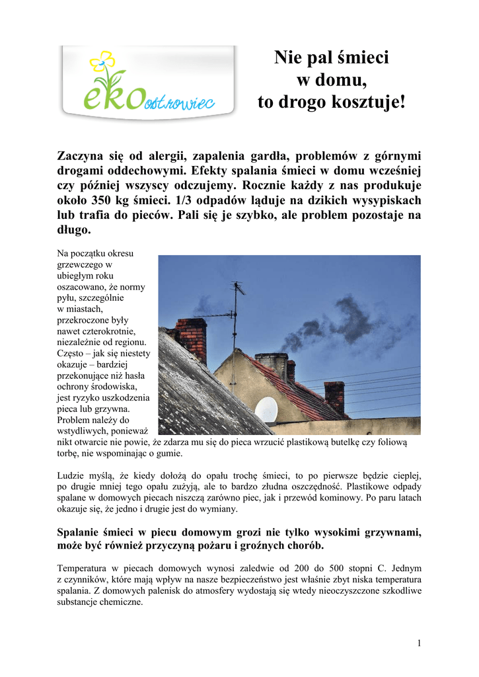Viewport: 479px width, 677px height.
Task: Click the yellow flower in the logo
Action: [102, 62]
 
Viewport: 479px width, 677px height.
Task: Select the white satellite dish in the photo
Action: [266, 409]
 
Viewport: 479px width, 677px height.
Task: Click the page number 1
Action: [419, 643]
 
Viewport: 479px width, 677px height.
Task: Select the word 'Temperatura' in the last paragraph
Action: [82, 568]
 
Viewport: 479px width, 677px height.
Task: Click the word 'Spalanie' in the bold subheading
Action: [79, 532]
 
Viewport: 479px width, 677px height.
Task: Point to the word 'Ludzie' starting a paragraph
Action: [71, 475]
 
